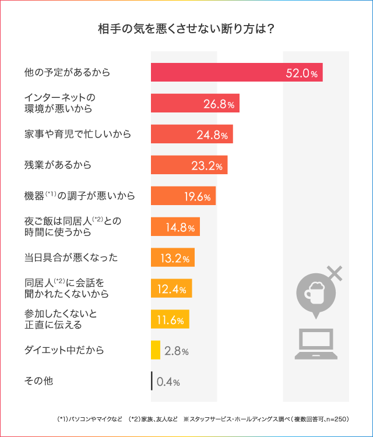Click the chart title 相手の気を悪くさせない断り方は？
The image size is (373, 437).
[x=186, y=29]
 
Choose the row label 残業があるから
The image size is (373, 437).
[x=58, y=165]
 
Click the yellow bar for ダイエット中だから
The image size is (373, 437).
[x=156, y=350]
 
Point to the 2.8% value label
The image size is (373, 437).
[x=177, y=351]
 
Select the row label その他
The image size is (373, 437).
[x=38, y=381]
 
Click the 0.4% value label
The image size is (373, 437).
[x=168, y=382]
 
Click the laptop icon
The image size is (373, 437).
[x=315, y=344]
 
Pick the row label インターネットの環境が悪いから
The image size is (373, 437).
[x=58, y=103]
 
